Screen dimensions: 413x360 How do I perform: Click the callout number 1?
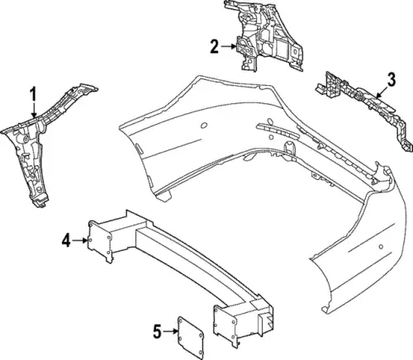[33, 95]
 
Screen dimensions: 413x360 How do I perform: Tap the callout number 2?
[215, 46]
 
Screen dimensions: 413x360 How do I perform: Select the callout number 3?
[391, 79]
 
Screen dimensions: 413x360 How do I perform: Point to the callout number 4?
[66, 240]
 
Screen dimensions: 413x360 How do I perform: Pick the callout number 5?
[157, 331]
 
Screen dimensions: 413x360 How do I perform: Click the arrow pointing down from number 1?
[34, 110]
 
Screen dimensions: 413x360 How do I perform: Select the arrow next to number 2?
[228, 46]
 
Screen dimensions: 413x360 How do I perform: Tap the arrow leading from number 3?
[382, 92]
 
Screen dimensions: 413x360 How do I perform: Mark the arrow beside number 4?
[80, 240]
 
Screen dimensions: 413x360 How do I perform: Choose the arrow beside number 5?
[170, 331]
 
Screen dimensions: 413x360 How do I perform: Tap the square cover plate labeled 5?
[191, 338]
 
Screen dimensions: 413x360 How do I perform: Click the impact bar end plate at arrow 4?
[100, 241]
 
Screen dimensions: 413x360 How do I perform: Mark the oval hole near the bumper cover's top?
[204, 126]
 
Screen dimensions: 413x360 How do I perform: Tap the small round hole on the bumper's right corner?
[381, 246]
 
